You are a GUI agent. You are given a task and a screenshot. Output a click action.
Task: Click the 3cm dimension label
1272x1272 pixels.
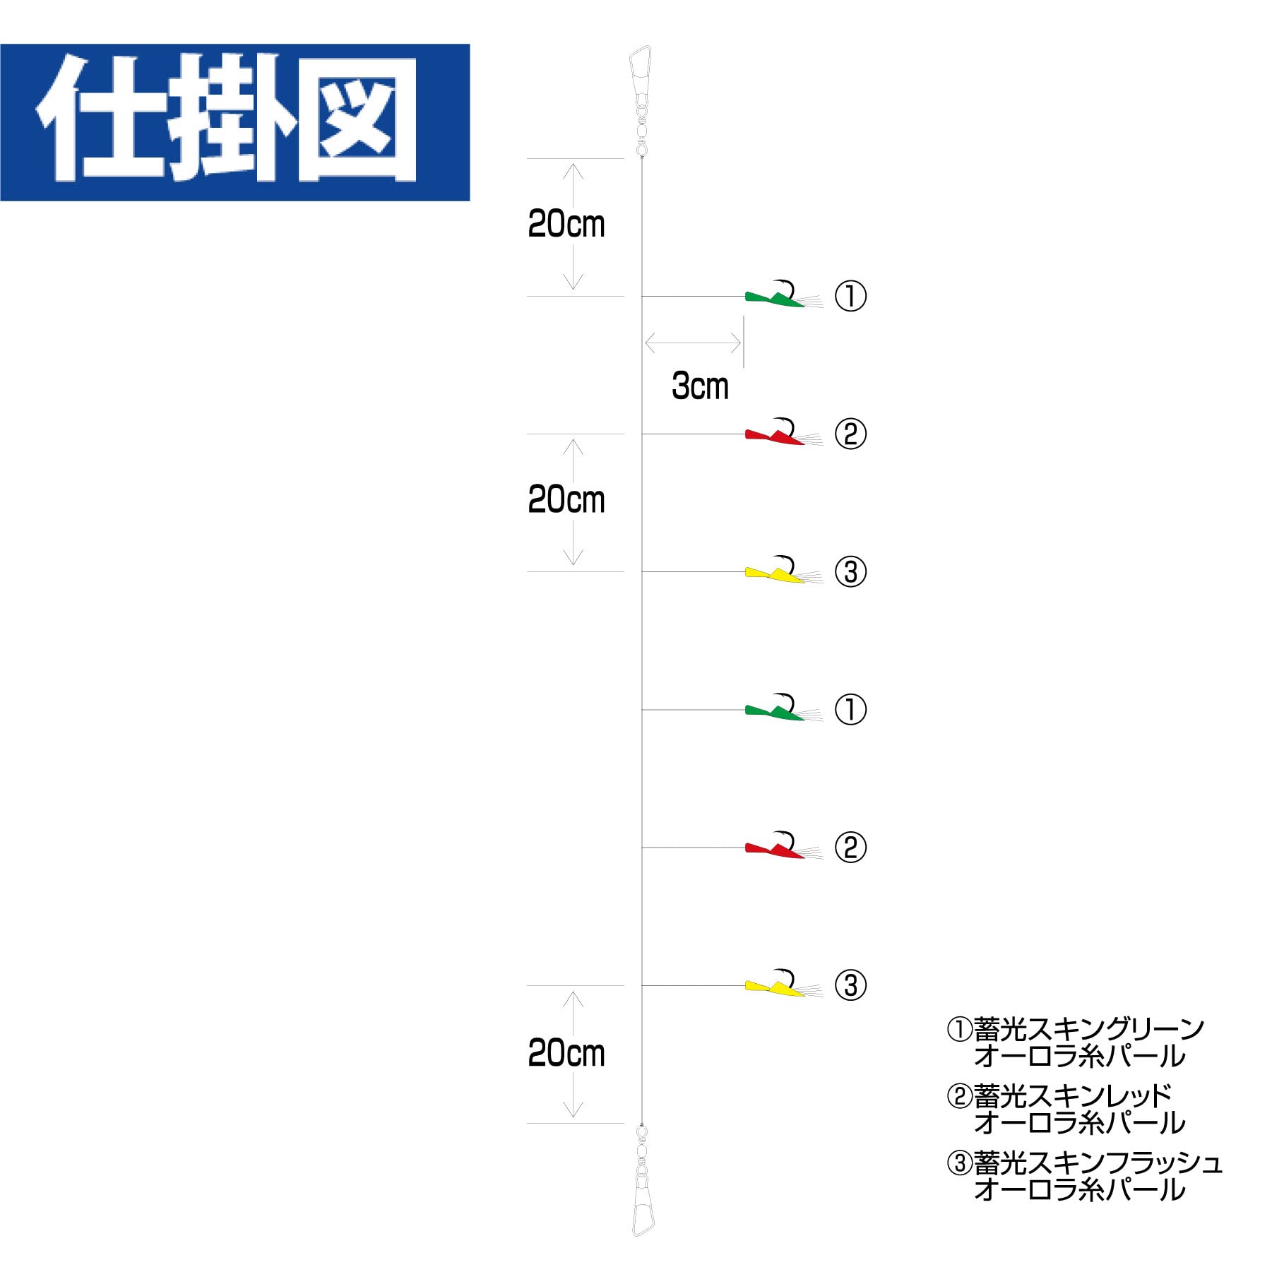699,386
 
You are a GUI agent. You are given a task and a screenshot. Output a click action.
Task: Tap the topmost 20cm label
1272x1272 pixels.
566,225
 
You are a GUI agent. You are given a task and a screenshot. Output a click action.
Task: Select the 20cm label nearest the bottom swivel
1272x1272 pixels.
566,1054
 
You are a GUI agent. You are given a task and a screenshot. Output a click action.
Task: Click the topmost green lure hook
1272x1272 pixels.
775,297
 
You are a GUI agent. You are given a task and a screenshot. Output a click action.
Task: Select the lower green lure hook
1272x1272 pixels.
775,710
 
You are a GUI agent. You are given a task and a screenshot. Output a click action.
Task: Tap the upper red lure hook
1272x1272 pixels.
775,434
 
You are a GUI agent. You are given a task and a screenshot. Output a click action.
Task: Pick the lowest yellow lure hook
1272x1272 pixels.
775,985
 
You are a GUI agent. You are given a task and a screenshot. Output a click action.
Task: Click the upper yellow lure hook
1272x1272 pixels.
775,572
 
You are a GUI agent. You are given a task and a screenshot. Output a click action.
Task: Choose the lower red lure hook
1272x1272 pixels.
775,848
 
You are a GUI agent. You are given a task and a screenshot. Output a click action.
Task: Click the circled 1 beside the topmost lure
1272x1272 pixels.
850,297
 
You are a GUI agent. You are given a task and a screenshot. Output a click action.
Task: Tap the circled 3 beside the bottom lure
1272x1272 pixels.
850,986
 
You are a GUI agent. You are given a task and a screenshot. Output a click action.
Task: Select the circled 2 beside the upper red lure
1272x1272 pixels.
850,434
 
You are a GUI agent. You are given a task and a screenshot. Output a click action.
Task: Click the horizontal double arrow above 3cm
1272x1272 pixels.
693,344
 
